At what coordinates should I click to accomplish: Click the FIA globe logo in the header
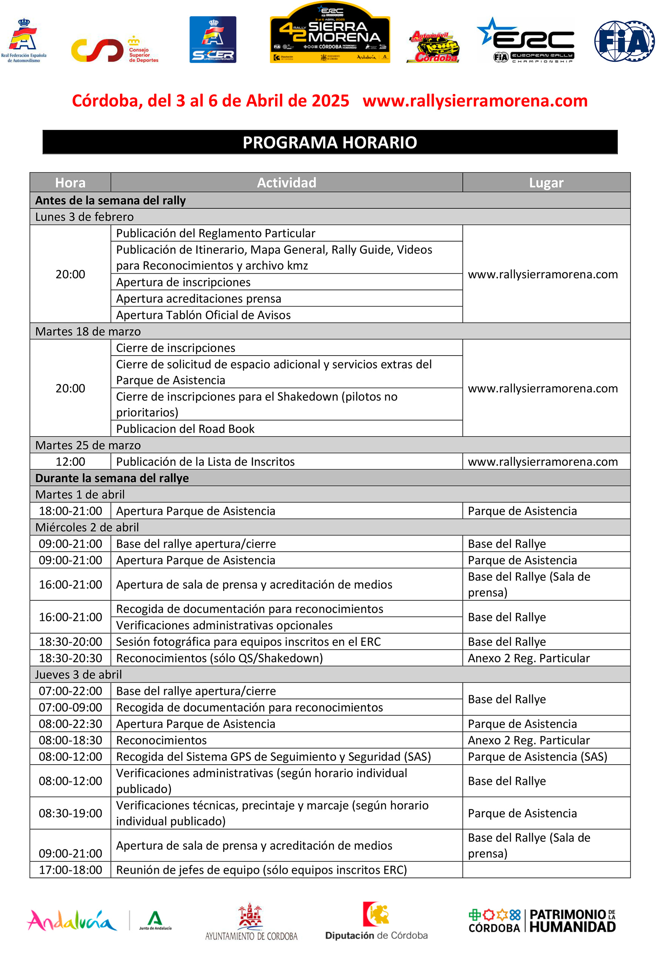[x=624, y=41]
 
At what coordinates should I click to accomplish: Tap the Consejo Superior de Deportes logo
[x=114, y=50]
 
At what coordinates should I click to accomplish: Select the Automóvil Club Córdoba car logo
[x=433, y=47]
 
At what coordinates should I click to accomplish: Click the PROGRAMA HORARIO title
[x=330, y=142]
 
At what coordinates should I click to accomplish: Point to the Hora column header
[x=70, y=182]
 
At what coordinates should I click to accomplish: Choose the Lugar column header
[x=546, y=182]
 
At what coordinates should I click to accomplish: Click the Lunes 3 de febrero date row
[x=84, y=217]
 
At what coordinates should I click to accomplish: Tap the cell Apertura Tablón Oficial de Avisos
[x=203, y=315]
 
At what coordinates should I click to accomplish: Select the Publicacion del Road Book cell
[x=185, y=428]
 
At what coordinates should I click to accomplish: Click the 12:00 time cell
[x=70, y=462]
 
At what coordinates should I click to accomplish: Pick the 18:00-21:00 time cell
[x=70, y=511]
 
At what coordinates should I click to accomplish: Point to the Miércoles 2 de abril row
[x=87, y=527]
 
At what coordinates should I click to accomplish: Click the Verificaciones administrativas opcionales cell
[x=224, y=625]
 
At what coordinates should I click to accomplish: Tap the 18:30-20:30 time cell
[x=70, y=658]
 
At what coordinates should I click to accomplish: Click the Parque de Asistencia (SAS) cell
[x=537, y=756]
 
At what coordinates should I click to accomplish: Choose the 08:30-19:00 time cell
[x=70, y=813]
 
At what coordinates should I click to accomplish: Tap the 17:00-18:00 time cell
[x=70, y=870]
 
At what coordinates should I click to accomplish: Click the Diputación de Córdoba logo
[x=376, y=921]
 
